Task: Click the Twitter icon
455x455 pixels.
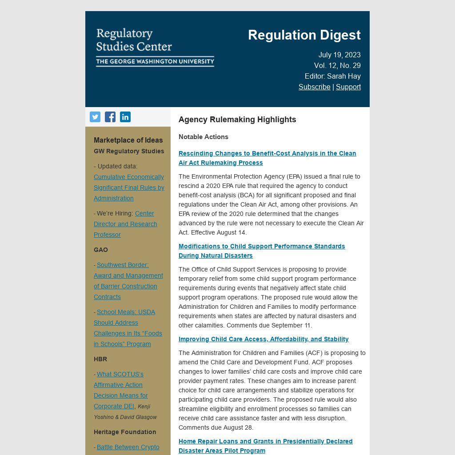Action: (x=95, y=117)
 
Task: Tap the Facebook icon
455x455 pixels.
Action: (x=110, y=117)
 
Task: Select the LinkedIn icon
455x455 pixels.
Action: (x=125, y=117)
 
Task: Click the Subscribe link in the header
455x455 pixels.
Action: (x=314, y=87)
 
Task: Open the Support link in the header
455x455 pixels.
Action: (x=348, y=87)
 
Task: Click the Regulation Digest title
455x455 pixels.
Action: (x=304, y=35)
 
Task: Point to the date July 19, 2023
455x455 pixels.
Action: (x=339, y=55)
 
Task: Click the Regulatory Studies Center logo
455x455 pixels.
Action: (x=155, y=47)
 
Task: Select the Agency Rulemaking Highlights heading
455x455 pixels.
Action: (x=237, y=120)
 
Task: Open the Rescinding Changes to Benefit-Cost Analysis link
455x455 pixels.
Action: (x=267, y=158)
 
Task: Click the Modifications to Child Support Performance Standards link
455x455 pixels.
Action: (x=262, y=251)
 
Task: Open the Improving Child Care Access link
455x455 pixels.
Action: (x=263, y=339)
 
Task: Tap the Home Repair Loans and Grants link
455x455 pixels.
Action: (x=265, y=446)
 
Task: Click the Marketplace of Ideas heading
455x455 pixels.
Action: (x=128, y=140)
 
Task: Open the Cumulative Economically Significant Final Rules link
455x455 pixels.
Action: (x=129, y=188)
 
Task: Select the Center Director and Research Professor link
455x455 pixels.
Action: (x=125, y=224)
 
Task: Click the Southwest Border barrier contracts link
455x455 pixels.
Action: (x=128, y=281)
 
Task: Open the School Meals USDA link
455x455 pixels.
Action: (x=128, y=328)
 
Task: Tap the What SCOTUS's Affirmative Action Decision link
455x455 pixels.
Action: (x=120, y=390)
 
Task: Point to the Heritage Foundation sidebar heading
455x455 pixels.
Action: (x=125, y=432)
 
